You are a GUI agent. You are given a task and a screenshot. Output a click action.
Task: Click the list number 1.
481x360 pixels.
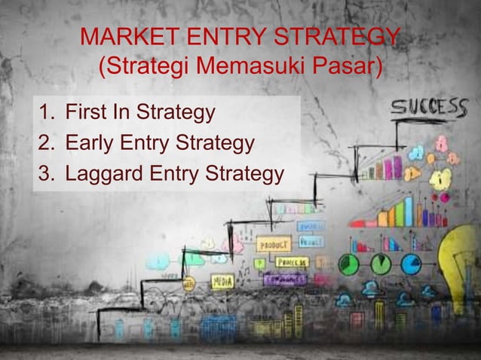coord(47,113)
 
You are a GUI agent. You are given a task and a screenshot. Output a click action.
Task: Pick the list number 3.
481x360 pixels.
coord(47,174)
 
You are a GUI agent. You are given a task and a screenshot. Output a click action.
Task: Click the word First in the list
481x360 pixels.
coord(84,113)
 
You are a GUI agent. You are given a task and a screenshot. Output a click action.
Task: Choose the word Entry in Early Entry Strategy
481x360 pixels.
coord(146,143)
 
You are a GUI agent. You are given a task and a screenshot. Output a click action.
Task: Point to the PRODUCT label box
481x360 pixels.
coord(274,244)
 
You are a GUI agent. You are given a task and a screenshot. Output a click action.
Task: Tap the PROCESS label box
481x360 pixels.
coord(291,262)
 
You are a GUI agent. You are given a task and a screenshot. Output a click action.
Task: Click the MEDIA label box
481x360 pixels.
coord(222,282)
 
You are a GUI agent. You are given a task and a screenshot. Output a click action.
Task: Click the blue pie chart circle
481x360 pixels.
coord(411,264)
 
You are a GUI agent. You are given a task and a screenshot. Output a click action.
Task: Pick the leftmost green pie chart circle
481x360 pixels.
coord(348,264)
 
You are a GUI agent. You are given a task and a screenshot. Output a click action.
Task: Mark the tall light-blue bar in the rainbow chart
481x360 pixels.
coord(409,211)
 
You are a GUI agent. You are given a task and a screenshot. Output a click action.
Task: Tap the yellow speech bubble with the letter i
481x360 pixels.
coord(440,178)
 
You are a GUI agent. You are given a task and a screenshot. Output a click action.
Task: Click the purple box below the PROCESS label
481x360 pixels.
coord(285,279)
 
